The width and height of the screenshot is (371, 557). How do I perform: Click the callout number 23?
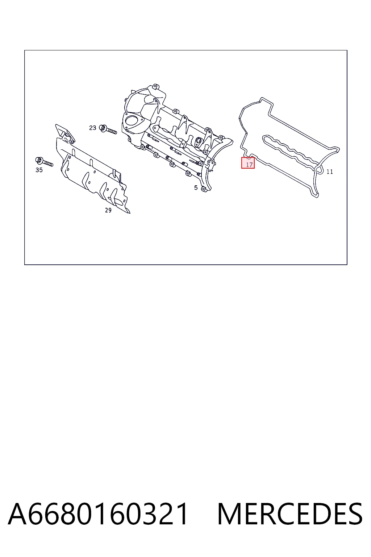pos(92,128)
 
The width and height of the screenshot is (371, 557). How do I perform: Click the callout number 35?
pos(39,170)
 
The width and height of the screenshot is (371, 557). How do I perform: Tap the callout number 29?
pos(108,210)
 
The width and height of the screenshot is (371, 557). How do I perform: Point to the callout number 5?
pos(196,188)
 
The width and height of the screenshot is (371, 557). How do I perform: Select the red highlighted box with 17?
pos(248,163)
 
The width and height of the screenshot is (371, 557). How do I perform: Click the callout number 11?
pos(329,172)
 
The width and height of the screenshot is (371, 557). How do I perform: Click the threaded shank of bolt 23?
pos(111,131)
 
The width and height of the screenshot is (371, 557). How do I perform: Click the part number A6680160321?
pos(98,514)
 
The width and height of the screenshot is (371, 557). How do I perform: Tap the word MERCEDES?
pos(290,514)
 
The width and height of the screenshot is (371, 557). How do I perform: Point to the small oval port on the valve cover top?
pos(198,141)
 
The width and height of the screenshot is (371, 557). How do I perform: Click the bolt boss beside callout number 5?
pos(204,189)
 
